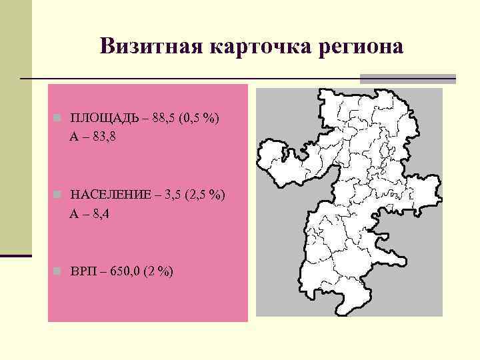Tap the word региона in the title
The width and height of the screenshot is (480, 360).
(363, 47)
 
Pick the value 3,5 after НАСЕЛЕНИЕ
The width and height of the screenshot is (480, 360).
(175, 195)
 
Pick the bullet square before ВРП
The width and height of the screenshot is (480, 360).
(58, 272)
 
